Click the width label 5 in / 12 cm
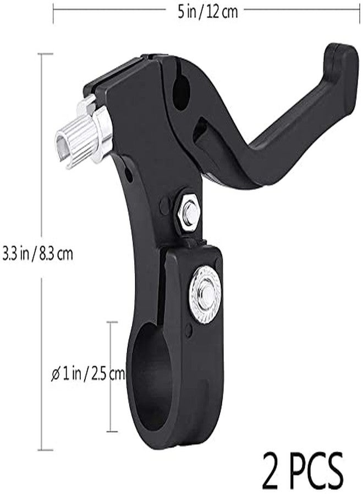[x=207, y=12]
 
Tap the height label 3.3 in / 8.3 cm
[x=37, y=254]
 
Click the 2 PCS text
[x=302, y=470]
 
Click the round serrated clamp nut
[x=205, y=295]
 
